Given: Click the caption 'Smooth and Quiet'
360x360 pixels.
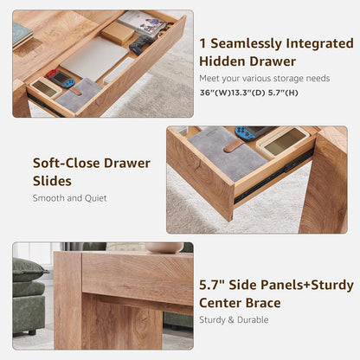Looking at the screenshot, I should [69, 198].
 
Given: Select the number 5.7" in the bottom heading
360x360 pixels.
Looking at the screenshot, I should [214, 283].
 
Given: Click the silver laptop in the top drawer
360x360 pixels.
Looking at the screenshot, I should [93, 57].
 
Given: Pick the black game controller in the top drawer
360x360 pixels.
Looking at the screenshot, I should [141, 45].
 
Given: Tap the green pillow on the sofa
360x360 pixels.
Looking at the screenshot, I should [29, 269].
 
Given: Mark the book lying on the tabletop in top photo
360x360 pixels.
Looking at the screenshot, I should [21, 35].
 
